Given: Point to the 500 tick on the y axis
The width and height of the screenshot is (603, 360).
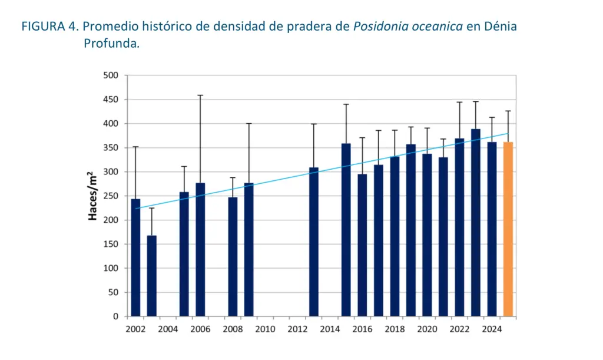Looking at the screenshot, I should point(111,75).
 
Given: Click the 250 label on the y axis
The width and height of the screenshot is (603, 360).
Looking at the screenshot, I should point(111,196).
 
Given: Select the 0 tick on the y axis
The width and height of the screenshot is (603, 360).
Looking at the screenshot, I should point(115,316).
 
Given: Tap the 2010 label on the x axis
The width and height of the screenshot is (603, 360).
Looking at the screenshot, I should point(265,329).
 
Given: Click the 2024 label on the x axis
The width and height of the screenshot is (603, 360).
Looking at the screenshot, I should point(492,329).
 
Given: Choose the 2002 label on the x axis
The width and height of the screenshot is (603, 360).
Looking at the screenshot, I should point(135,329).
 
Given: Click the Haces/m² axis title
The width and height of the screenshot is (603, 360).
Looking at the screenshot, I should point(92,196).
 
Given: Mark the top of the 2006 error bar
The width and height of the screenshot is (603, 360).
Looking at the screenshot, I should point(200,95).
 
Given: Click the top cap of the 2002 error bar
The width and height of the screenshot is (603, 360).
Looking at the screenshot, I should point(135,147).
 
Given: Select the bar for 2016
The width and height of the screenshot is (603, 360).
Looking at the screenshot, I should point(362,245).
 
